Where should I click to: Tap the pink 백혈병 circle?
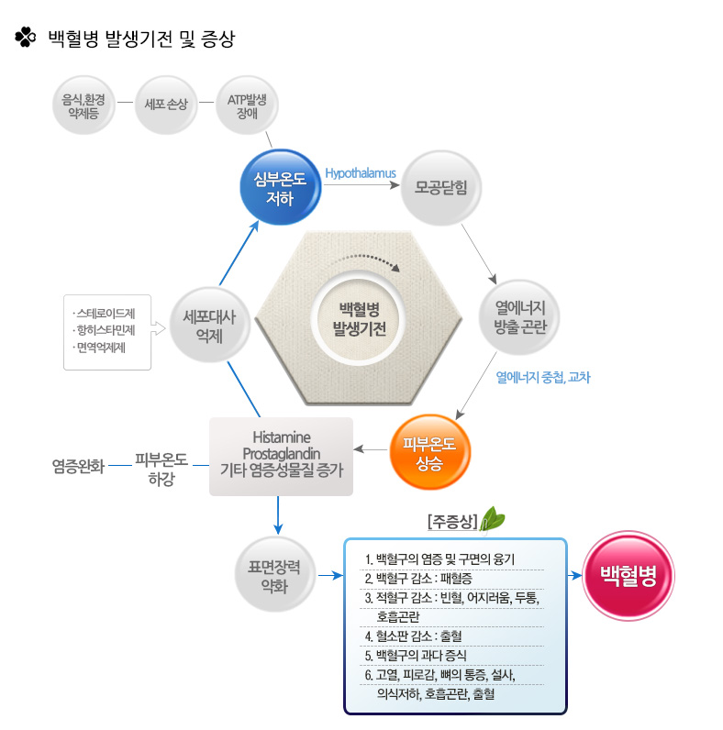(x=628, y=576)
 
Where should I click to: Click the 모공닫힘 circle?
(x=441, y=187)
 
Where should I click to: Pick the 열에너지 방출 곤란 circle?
(x=519, y=316)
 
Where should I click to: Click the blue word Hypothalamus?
(x=360, y=171)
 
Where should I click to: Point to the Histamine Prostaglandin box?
(x=281, y=456)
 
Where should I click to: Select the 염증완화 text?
(x=79, y=465)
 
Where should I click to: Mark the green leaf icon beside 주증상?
(x=495, y=518)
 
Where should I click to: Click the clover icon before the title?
(x=25, y=38)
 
